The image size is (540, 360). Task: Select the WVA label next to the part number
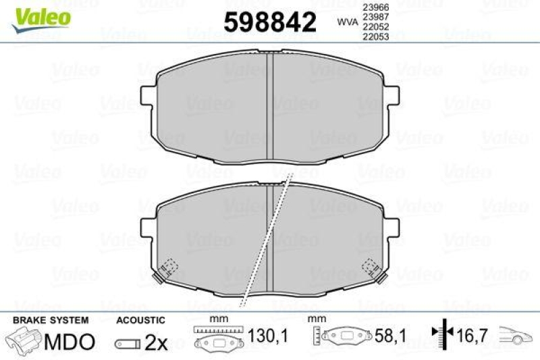pyautogui.click(x=348, y=22)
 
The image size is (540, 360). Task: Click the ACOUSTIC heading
pyautogui.click(x=140, y=319)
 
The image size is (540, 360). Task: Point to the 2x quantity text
pyautogui.click(x=157, y=343)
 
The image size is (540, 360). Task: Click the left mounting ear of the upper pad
pyautogui.click(x=148, y=96)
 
